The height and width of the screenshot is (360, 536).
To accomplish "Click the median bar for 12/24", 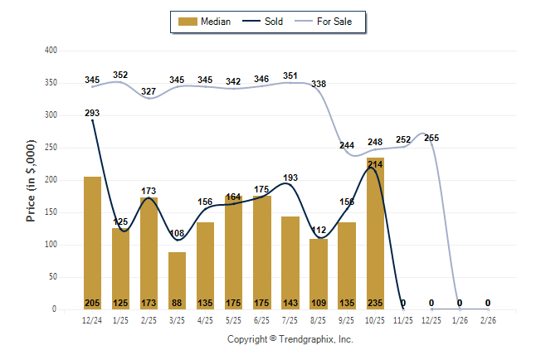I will point(92,241).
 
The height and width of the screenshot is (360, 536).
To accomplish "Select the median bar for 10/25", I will point(374,232).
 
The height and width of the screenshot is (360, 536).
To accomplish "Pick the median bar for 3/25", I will point(177,278).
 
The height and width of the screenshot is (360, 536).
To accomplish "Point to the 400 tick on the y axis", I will point(51,51).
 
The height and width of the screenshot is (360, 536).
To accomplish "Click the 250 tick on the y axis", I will point(51,148).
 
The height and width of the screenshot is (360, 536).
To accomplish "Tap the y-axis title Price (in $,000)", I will point(32,180).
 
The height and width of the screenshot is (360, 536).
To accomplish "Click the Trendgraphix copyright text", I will point(290,339).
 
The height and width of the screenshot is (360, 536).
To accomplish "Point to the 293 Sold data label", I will point(92,113).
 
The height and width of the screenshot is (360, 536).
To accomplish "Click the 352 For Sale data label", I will point(120,75).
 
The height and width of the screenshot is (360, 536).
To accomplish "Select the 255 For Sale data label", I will point(431,138).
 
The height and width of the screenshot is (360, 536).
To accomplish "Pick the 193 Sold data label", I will point(290,178).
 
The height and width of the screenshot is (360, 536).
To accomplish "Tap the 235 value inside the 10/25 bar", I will point(374,303).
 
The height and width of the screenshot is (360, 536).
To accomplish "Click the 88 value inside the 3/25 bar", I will point(177,303).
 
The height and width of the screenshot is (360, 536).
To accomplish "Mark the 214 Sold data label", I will point(374,164).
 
